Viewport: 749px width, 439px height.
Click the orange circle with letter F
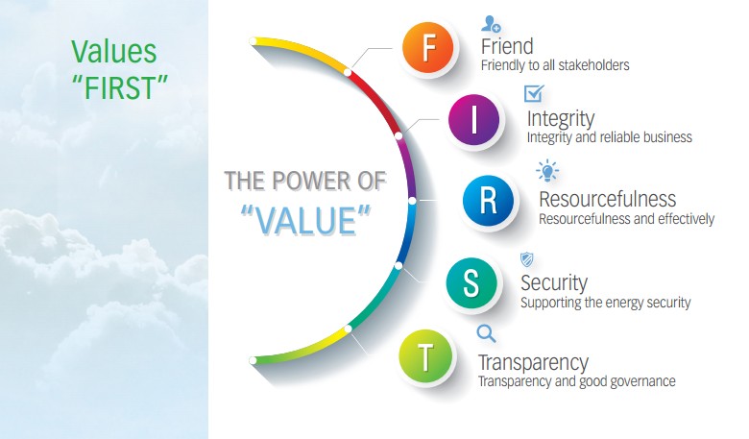(428, 48)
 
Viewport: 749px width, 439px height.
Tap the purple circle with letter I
(473, 119)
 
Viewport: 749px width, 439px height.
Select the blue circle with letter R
(488, 201)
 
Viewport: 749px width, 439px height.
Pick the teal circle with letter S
(471, 282)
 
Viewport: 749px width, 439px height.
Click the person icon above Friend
(491, 23)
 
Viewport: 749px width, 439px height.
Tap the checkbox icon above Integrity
(534, 93)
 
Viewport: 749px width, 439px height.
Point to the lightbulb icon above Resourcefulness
(547, 171)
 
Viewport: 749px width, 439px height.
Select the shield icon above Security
(526, 260)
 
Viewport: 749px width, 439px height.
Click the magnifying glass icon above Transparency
(486, 333)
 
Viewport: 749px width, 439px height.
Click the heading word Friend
(507, 46)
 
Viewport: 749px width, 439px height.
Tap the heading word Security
(554, 282)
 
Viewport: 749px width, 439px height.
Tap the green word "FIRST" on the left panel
(120, 87)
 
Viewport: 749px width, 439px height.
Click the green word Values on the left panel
(113, 52)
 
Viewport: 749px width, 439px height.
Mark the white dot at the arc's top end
(254, 41)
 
